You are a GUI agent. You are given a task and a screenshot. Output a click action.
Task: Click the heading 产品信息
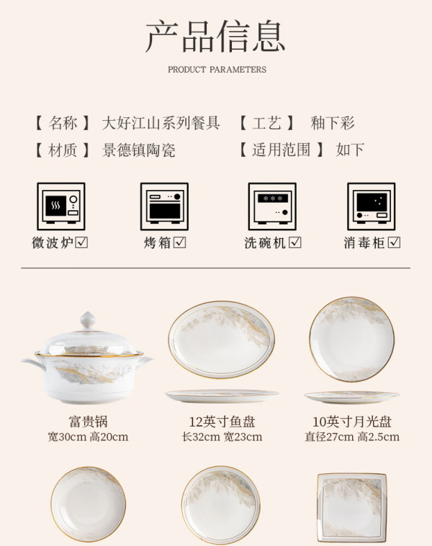click(x=215, y=36)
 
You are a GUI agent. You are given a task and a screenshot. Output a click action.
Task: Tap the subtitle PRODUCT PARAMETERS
click(x=217, y=69)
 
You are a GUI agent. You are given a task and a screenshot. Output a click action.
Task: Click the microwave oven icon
click(x=61, y=206)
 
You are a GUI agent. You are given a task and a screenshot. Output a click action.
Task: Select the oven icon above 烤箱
click(x=164, y=206)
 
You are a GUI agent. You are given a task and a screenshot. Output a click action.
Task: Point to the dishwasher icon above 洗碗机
click(x=272, y=206)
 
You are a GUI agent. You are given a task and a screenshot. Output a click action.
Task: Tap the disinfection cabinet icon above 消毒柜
click(x=372, y=206)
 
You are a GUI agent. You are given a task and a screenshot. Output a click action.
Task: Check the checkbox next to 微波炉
click(x=81, y=242)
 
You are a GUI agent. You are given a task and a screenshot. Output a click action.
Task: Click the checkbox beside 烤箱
click(x=180, y=242)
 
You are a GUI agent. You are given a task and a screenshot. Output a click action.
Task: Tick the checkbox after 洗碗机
click(x=295, y=242)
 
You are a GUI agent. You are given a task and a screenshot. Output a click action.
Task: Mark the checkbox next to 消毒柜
click(x=395, y=242)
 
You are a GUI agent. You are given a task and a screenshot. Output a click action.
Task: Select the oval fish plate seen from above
click(x=222, y=339)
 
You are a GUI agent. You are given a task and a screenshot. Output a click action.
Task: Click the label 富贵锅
click(x=88, y=422)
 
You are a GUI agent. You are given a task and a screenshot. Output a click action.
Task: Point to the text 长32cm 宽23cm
click(x=222, y=437)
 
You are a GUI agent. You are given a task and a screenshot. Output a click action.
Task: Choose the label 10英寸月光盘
click(x=352, y=422)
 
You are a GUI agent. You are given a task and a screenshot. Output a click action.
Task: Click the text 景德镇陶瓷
click(x=139, y=150)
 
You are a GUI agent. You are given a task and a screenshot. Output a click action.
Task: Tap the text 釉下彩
click(x=333, y=123)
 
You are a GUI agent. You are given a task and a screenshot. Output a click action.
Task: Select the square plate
click(x=352, y=506)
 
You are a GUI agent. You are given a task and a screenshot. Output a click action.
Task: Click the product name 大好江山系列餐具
click(x=161, y=123)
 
